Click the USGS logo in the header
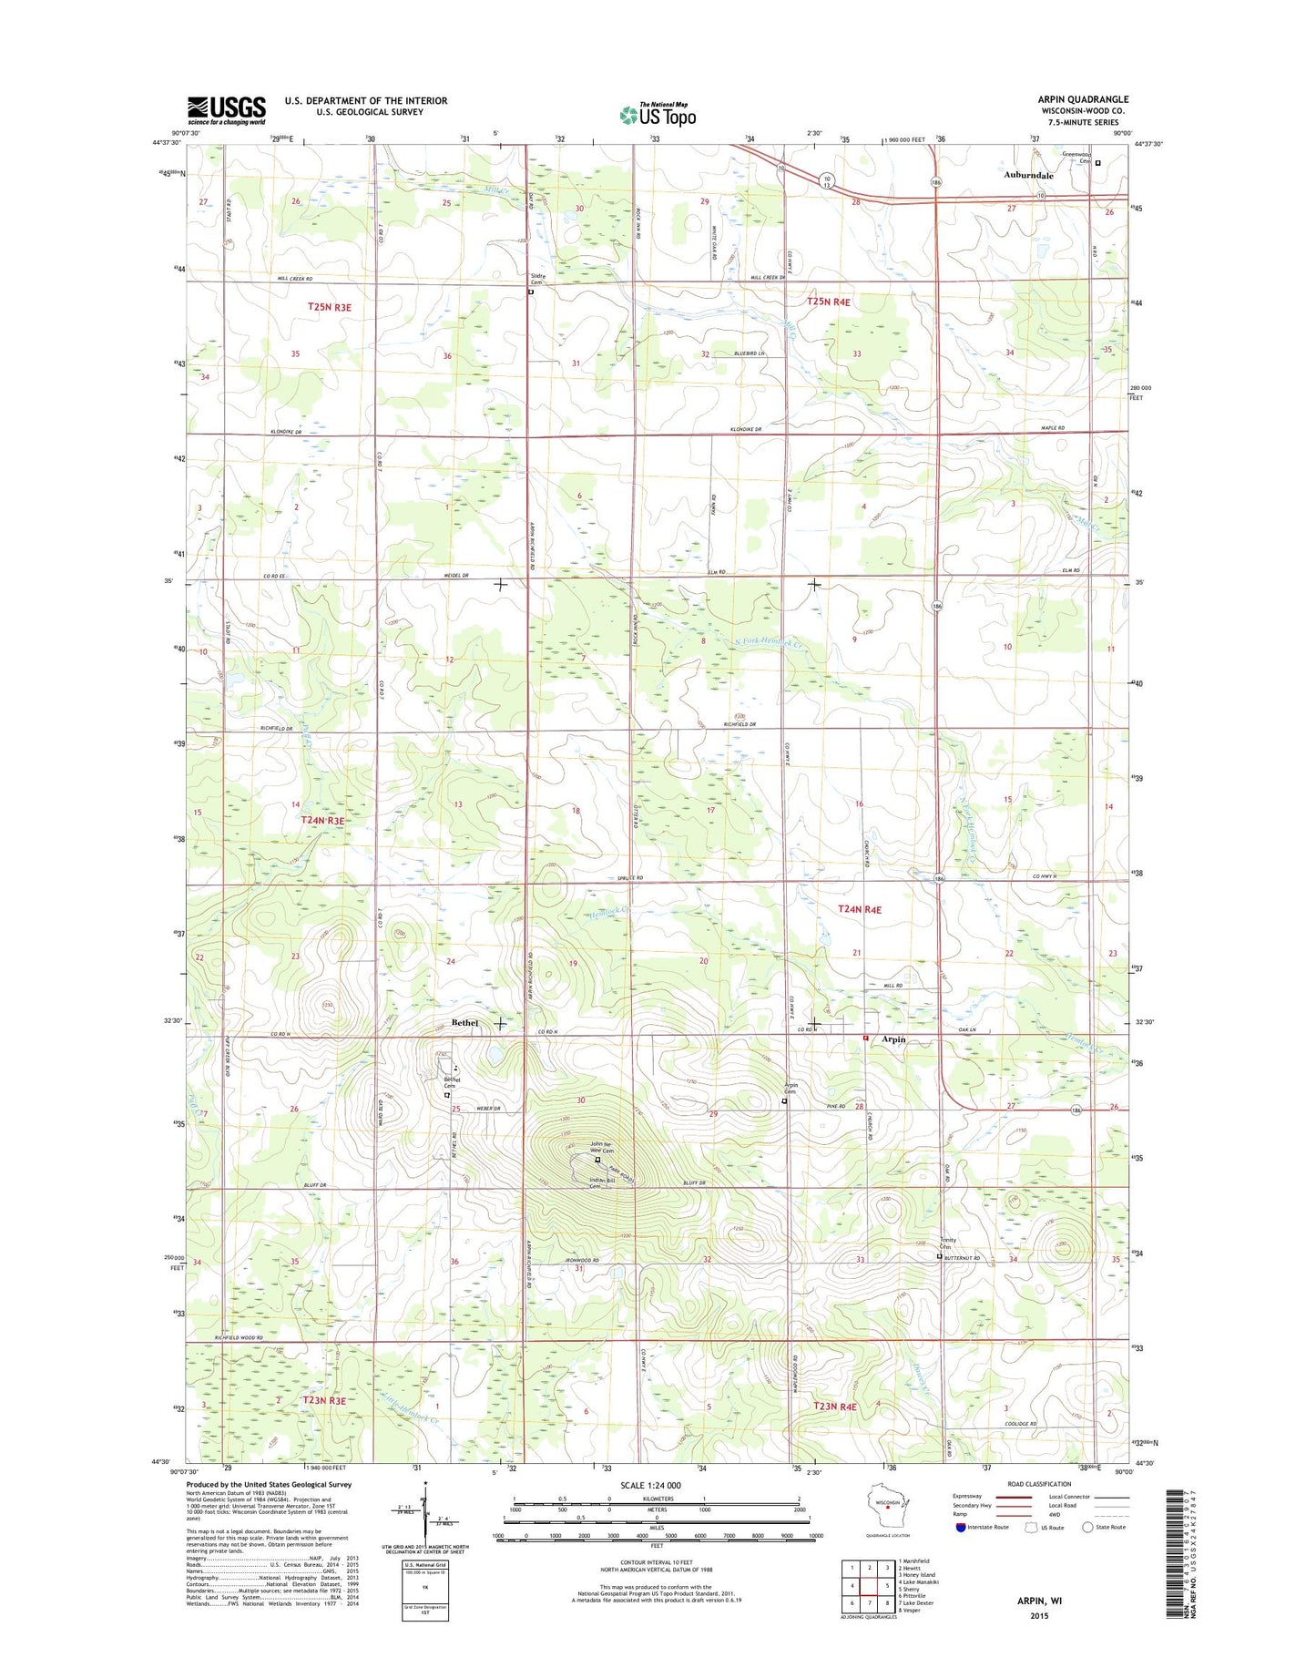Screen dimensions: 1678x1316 pos(226,110)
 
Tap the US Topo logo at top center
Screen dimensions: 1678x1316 pos(658,114)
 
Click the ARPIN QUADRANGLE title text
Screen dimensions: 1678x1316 pos(1082,99)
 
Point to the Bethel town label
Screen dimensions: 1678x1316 pos(464,1023)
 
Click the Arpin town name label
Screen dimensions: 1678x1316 pos(893,1039)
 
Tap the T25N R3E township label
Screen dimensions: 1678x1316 pos(329,308)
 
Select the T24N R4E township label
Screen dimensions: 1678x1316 pos(860,909)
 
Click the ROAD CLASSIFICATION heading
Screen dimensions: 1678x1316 pos(1039,1484)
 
